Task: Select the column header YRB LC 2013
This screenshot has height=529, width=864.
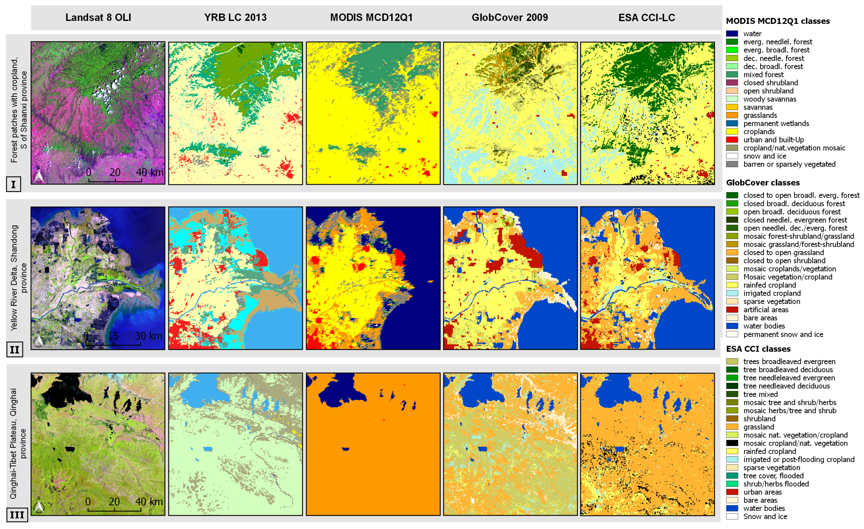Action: point(235,18)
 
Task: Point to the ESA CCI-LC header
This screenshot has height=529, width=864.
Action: point(646,18)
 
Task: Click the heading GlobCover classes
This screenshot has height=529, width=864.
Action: point(763,182)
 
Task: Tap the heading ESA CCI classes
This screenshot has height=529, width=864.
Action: point(758,349)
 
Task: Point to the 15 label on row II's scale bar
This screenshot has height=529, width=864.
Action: point(113,336)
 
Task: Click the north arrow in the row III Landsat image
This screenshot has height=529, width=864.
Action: point(39,506)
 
